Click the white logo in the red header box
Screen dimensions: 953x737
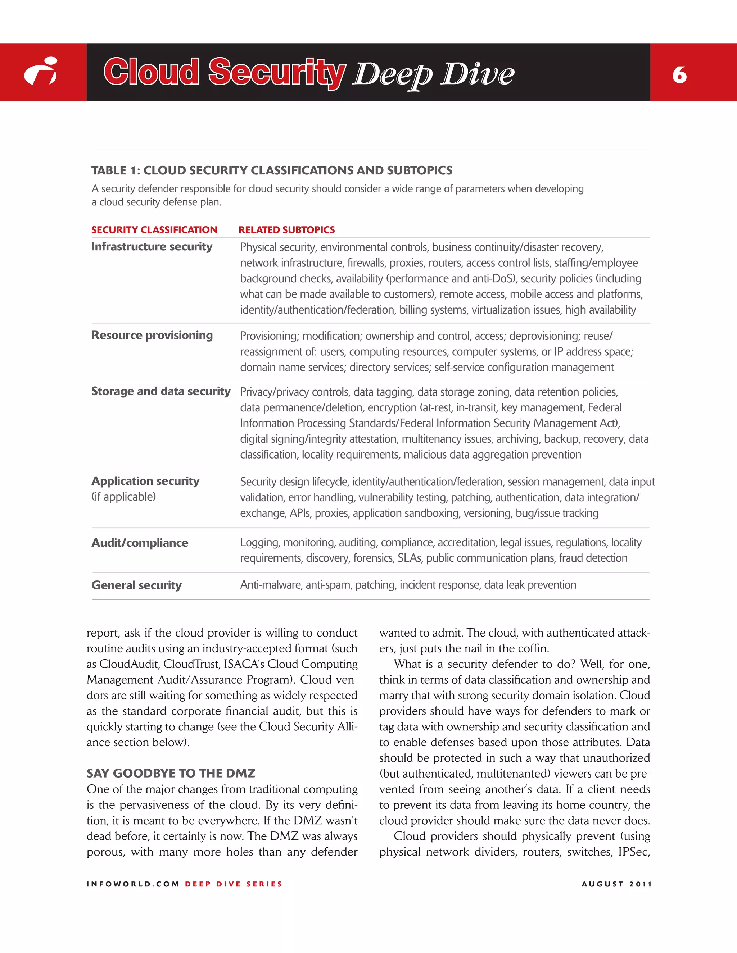click(x=41, y=71)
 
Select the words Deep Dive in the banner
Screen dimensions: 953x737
click(x=433, y=74)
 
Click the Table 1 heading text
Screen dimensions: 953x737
click(x=272, y=170)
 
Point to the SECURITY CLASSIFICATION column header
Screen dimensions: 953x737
click(x=154, y=229)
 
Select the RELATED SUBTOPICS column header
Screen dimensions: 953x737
click(x=286, y=229)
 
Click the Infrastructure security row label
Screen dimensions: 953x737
click(x=152, y=247)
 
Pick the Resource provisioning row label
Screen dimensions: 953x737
click(x=152, y=335)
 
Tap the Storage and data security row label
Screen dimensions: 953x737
click(x=160, y=391)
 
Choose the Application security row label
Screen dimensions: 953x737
click(x=145, y=481)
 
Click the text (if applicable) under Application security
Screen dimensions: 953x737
click(x=123, y=497)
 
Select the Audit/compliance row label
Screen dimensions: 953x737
click(x=140, y=543)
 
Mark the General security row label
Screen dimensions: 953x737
click(x=136, y=585)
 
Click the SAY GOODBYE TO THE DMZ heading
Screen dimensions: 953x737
click(x=171, y=773)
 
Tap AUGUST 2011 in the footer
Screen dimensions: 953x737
click(x=616, y=884)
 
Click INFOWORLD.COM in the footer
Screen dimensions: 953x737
click(x=133, y=884)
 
